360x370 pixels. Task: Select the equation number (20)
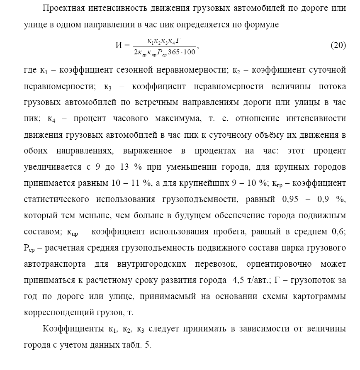click(x=338, y=46)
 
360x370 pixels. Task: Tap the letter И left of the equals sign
click(x=119, y=46)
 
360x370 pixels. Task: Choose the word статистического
click(x=56, y=200)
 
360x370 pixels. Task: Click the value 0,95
click(x=290, y=200)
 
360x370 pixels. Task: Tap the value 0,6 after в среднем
click(x=338, y=231)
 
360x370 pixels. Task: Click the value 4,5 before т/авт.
click(x=235, y=280)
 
